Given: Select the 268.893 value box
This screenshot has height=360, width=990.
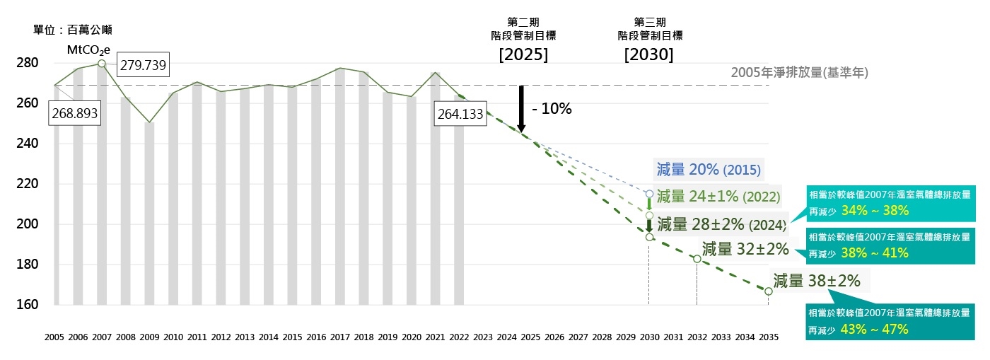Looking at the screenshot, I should click(73, 112).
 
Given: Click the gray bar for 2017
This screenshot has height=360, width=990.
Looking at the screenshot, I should click(341, 187).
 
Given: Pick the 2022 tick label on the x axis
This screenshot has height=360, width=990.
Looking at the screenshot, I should click(460, 337).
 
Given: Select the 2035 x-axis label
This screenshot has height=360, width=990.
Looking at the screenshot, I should click(768, 337).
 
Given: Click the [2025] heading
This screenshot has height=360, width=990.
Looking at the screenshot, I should click(523, 54).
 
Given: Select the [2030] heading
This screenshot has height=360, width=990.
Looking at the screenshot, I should click(648, 54).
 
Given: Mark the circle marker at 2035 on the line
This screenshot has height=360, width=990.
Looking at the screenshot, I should click(768, 291).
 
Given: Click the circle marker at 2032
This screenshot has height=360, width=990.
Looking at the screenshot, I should click(697, 259).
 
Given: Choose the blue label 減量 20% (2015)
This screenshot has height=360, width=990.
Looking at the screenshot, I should click(709, 170).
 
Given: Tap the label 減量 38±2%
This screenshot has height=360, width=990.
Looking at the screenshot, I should click(817, 281).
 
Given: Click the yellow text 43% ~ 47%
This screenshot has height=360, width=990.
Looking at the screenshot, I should click(875, 329).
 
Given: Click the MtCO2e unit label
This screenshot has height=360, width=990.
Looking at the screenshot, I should click(88, 50).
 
